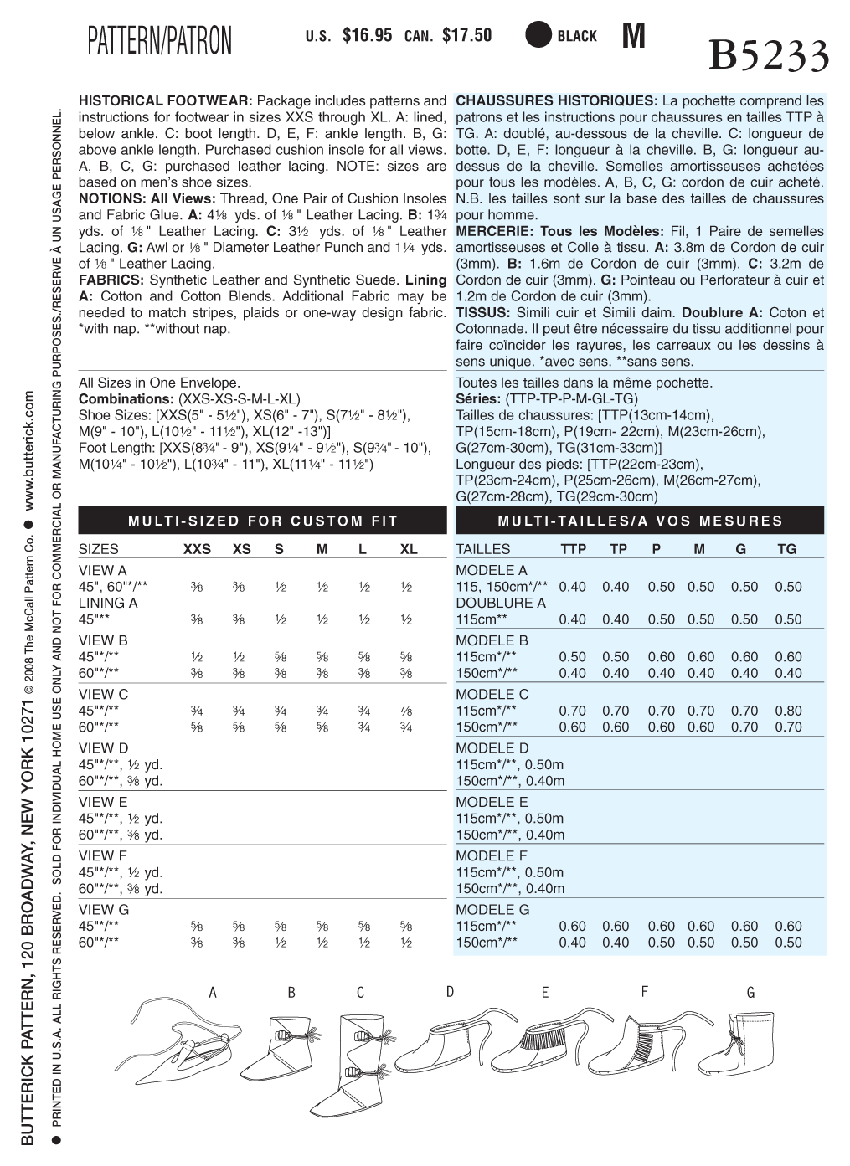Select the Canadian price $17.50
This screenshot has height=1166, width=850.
(x=466, y=36)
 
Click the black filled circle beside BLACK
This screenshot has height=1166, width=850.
(x=538, y=35)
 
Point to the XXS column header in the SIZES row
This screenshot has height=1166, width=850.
(x=198, y=550)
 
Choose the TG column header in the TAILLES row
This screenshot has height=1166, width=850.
(x=787, y=550)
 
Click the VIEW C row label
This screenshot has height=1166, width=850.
(x=104, y=695)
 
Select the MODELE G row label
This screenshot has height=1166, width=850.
(x=492, y=910)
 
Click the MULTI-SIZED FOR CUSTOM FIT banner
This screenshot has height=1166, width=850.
(x=263, y=521)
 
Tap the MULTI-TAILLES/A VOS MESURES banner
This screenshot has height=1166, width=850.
(x=640, y=521)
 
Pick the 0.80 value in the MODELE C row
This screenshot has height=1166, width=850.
(x=788, y=711)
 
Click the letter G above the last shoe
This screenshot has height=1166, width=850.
(x=750, y=993)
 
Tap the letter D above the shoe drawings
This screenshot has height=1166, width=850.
(x=450, y=992)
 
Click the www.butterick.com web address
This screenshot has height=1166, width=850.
(x=29, y=453)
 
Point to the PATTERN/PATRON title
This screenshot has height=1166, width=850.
(x=159, y=40)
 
